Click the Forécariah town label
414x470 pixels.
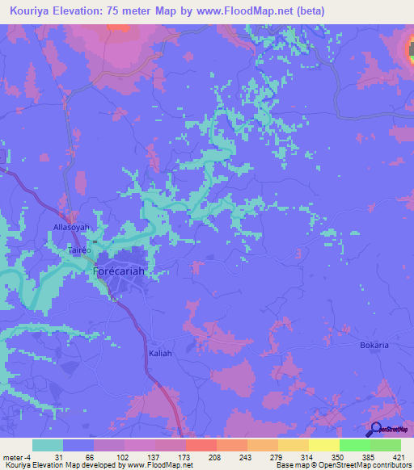119,271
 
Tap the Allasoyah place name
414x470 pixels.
71,228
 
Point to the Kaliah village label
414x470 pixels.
160,354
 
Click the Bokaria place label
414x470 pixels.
374,345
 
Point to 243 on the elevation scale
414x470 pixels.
233,456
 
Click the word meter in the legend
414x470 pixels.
12,456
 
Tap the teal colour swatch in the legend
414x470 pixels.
48,445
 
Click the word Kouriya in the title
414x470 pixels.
32,10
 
